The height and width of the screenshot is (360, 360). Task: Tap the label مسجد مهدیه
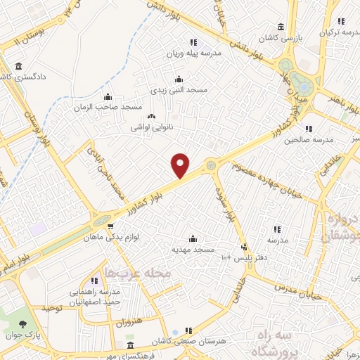[x=193, y=250]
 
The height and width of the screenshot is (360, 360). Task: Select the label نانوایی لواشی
[x=149, y=129]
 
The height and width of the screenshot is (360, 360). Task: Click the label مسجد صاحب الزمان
[x=108, y=107]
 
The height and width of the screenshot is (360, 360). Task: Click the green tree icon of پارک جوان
[x=25, y=324]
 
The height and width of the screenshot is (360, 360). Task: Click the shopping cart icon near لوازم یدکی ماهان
[x=111, y=226]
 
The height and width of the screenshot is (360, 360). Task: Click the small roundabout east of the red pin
[x=211, y=165]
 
